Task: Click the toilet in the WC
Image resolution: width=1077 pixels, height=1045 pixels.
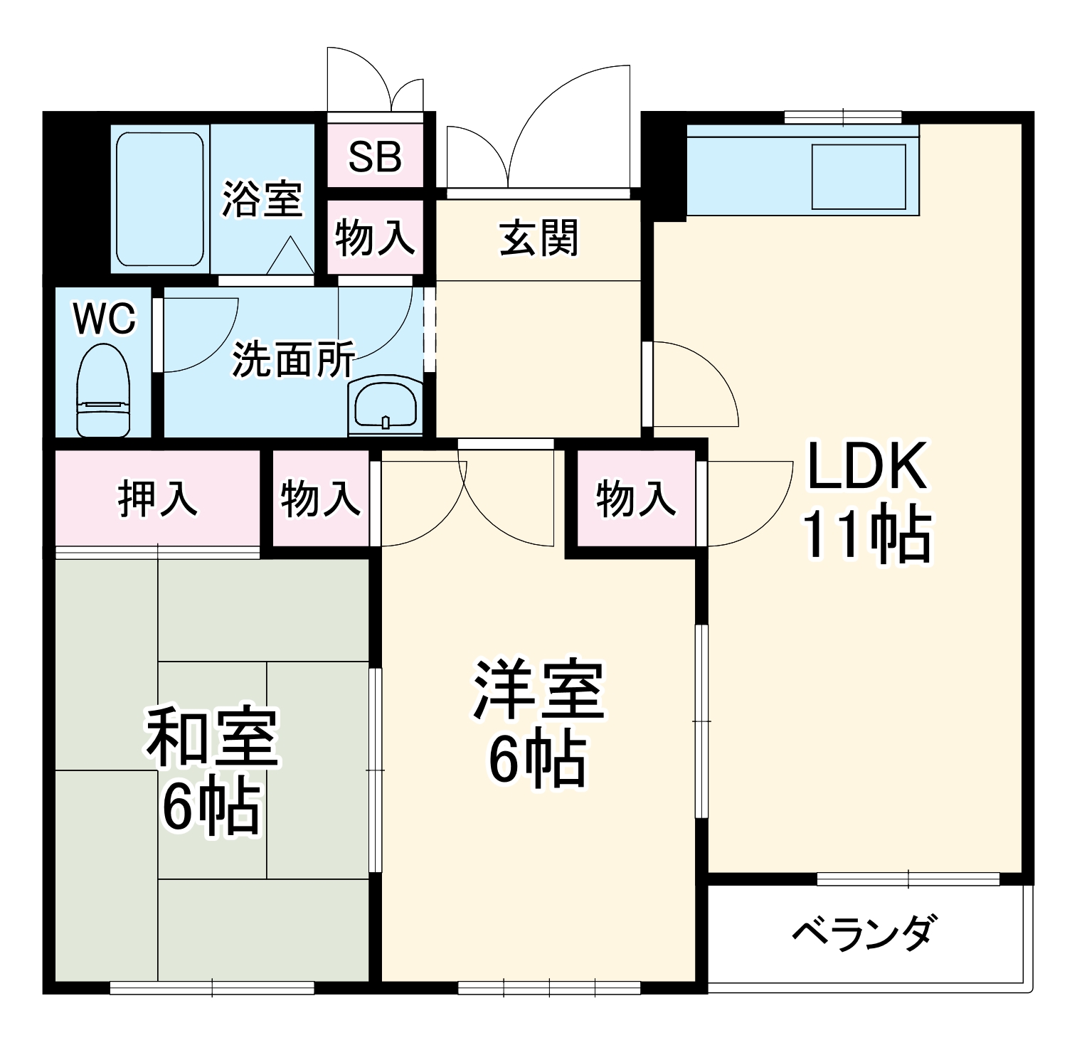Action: (103, 391)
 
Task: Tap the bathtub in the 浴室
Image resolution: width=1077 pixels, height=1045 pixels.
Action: (160, 200)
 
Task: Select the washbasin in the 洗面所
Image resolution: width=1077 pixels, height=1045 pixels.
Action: (386, 405)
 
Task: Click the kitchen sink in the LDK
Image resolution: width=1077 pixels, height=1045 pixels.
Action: (858, 177)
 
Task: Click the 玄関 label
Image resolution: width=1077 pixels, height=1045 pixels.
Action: (538, 238)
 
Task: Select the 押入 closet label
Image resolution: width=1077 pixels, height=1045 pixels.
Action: (157, 498)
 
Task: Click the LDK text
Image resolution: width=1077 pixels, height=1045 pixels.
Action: (866, 467)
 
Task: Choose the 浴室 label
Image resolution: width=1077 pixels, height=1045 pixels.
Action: (262, 198)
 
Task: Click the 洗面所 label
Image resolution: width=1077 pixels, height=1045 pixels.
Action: (294, 359)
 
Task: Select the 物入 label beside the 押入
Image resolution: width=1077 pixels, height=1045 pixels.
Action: (321, 498)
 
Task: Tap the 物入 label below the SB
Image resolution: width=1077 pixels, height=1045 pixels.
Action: (375, 238)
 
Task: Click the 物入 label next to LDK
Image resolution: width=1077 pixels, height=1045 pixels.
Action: (636, 498)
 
